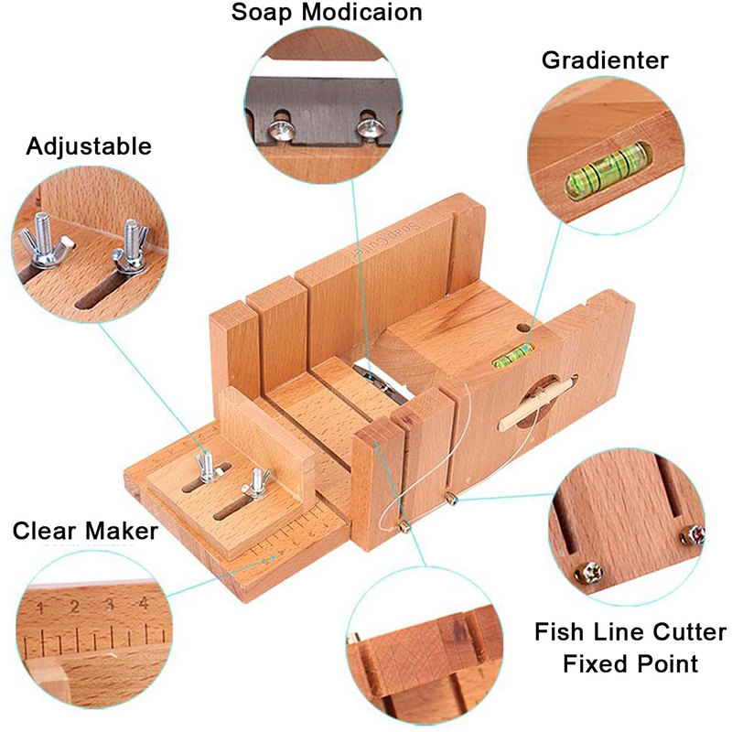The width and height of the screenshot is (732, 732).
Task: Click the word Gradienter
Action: pyautogui.click(x=605, y=61)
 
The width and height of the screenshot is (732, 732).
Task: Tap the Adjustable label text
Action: pyautogui.click(x=89, y=146)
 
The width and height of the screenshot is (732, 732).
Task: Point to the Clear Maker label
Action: pyautogui.click(x=85, y=532)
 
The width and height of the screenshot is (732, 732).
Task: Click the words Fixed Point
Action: pyautogui.click(x=630, y=662)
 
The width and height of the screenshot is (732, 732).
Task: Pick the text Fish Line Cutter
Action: pyautogui.click(x=630, y=632)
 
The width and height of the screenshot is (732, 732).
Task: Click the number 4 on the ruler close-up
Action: pyautogui.click(x=142, y=604)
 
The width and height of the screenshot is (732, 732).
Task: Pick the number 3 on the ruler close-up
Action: pyautogui.click(x=109, y=605)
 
